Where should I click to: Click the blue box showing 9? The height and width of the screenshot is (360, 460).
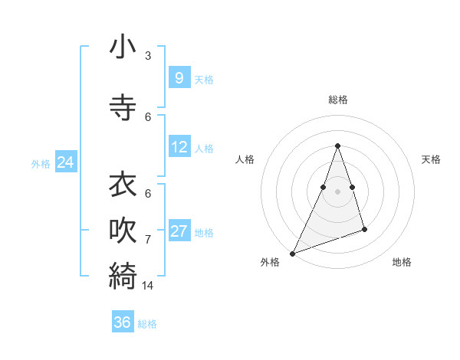179,78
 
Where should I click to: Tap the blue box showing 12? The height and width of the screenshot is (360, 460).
179,147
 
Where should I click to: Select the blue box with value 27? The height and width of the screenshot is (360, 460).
179,231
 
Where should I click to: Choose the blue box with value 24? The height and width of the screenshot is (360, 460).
65,162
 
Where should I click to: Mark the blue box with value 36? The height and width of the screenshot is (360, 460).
123,322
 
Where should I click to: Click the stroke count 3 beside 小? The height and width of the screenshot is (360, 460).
148,55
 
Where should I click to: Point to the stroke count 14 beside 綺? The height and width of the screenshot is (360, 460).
148,285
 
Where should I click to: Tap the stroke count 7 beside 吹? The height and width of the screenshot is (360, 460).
148,239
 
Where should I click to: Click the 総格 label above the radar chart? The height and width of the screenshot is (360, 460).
338,100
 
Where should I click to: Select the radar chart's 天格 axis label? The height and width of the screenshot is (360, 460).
431,159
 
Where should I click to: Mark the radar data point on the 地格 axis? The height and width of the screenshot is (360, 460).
364,229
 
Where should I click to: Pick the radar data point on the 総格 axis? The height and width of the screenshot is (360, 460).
337,146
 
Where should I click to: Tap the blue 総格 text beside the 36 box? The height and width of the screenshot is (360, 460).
147,324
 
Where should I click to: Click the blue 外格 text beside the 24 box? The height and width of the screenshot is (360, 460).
41,164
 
